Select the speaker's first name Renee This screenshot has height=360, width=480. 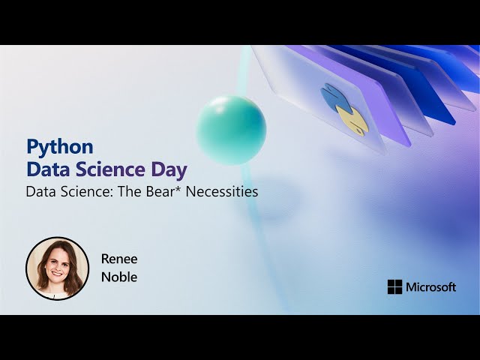point(119,259)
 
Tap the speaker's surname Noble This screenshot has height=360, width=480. point(119,277)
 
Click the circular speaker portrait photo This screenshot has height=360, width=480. point(57,268)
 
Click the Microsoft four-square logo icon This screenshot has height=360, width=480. point(394,286)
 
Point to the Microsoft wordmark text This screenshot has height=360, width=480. point(430,286)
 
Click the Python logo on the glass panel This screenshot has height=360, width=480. point(343,109)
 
